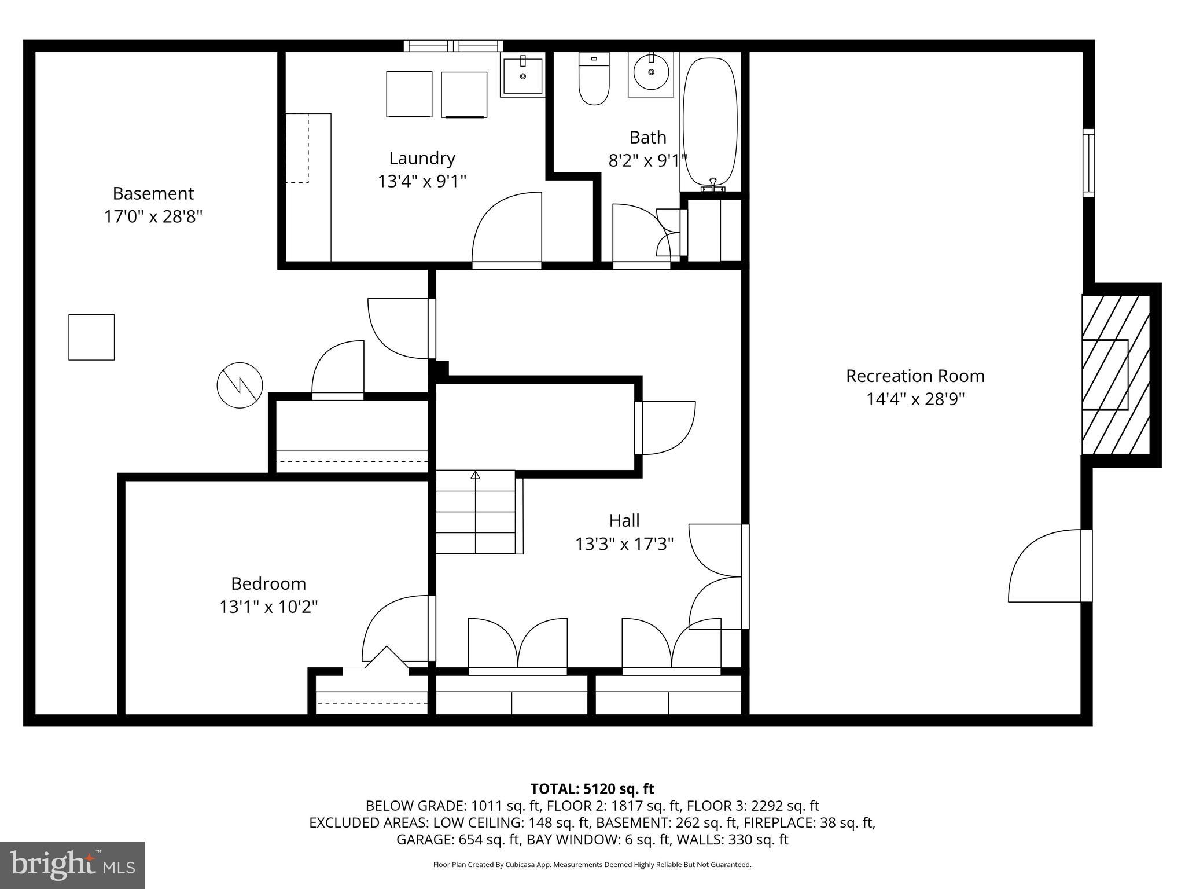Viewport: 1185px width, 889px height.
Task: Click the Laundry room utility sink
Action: (x=522, y=74)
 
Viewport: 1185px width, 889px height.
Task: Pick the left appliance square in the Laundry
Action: (x=409, y=94)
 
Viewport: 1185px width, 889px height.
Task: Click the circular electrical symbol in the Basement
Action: (x=240, y=385)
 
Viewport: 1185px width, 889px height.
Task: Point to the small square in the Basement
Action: (x=91, y=337)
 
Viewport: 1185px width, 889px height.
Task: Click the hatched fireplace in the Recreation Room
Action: (x=1116, y=374)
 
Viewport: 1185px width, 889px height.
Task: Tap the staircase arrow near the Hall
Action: (x=476, y=476)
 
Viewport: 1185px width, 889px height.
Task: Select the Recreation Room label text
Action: (x=915, y=376)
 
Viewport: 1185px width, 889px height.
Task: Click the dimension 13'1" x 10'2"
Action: (x=268, y=607)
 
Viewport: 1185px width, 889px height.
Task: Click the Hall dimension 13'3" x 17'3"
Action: (x=624, y=544)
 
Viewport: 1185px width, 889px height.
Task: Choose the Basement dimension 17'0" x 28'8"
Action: (x=153, y=217)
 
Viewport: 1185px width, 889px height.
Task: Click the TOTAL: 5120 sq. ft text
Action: (x=592, y=788)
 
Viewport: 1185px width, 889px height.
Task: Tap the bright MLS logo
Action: (x=72, y=865)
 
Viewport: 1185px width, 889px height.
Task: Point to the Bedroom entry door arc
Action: (x=396, y=628)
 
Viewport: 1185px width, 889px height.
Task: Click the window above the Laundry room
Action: (x=453, y=46)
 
